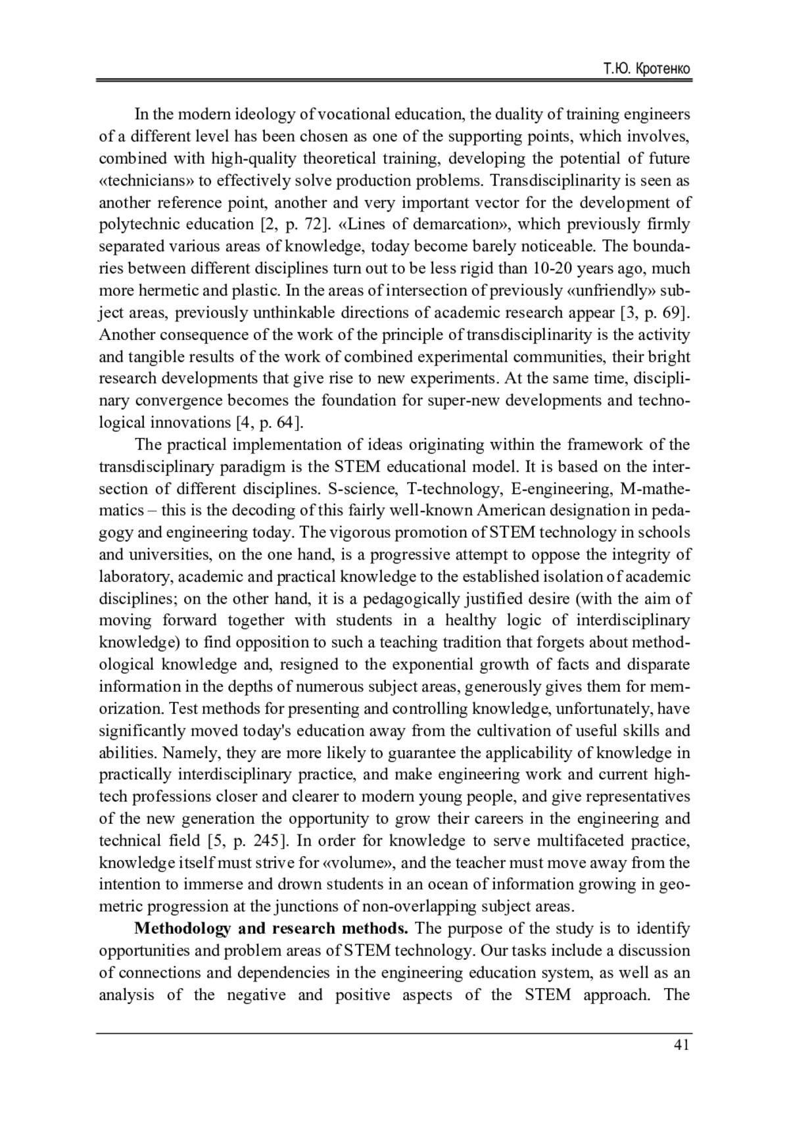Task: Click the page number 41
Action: point(682,1045)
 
